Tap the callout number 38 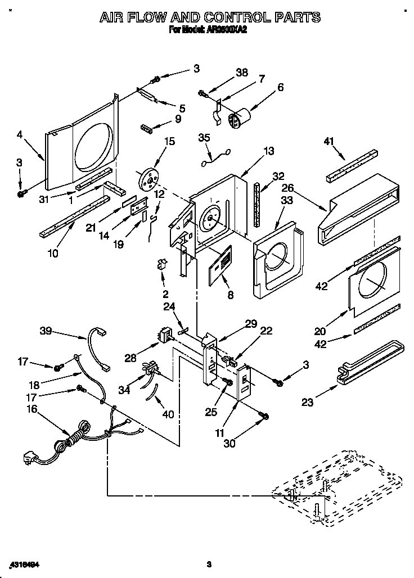tap(241, 73)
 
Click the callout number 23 tap(307, 401)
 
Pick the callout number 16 tap(31, 409)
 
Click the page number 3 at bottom tap(208, 564)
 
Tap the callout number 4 tap(20, 134)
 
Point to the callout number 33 tap(287, 200)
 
